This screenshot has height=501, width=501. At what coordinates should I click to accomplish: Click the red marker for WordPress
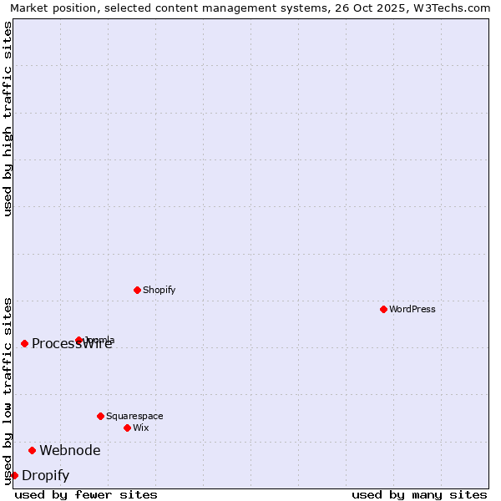[383, 309]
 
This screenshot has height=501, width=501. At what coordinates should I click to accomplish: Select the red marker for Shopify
[137, 290]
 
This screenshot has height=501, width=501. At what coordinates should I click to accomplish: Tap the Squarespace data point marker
[100, 416]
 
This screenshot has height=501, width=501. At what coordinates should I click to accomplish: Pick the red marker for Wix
[127, 428]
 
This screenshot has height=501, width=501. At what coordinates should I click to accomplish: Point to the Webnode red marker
[32, 450]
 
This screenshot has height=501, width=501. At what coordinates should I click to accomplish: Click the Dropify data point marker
[14, 475]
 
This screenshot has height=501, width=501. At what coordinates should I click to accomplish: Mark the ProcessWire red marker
[24, 343]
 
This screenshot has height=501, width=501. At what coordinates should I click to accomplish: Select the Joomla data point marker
[78, 340]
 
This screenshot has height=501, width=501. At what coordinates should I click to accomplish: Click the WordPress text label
[412, 309]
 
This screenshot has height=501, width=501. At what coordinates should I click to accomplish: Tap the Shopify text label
[159, 290]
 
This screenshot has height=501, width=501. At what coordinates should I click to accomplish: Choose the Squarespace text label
[134, 416]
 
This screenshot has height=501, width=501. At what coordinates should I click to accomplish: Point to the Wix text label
[140, 428]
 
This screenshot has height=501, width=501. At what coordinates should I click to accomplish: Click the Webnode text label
[70, 450]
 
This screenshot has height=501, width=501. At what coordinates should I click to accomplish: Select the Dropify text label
[45, 475]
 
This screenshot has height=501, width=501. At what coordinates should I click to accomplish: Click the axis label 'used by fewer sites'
[86, 494]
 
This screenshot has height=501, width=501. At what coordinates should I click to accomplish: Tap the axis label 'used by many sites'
[419, 494]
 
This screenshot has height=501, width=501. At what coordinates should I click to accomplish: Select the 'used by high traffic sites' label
[8, 119]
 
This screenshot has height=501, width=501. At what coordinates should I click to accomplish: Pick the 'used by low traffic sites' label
[8, 390]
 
